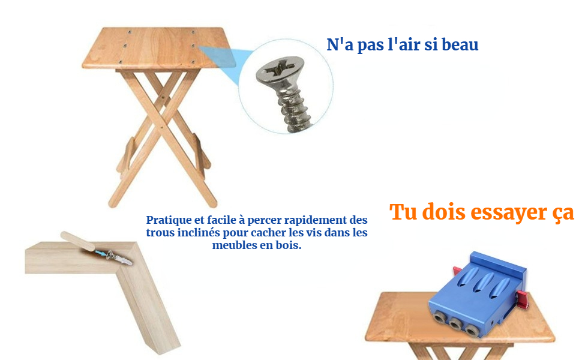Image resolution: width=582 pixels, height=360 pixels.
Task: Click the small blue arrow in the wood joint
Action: click(x=100, y=253)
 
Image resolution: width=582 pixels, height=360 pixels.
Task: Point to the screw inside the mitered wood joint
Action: click(x=119, y=257)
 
